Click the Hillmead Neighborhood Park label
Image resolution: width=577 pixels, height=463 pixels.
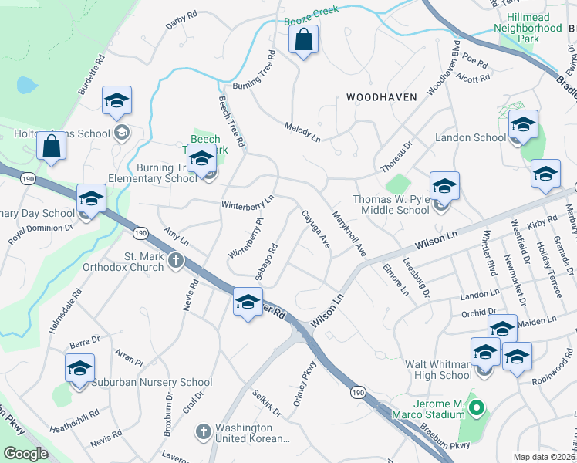click(x=528, y=32)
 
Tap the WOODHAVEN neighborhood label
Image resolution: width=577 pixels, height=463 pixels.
click(x=381, y=97)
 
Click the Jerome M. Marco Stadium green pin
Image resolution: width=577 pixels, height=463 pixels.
click(x=476, y=407)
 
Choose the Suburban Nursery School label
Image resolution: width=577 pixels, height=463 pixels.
click(x=163, y=382)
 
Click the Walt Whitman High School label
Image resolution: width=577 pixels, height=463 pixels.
click(x=437, y=370)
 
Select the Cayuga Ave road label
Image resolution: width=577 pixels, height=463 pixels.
click(x=315, y=229)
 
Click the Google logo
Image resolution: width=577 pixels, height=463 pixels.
click(x=25, y=454)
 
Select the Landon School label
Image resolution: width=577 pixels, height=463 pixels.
click(x=471, y=137)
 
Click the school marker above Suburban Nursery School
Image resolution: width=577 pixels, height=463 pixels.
click(x=79, y=369)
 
